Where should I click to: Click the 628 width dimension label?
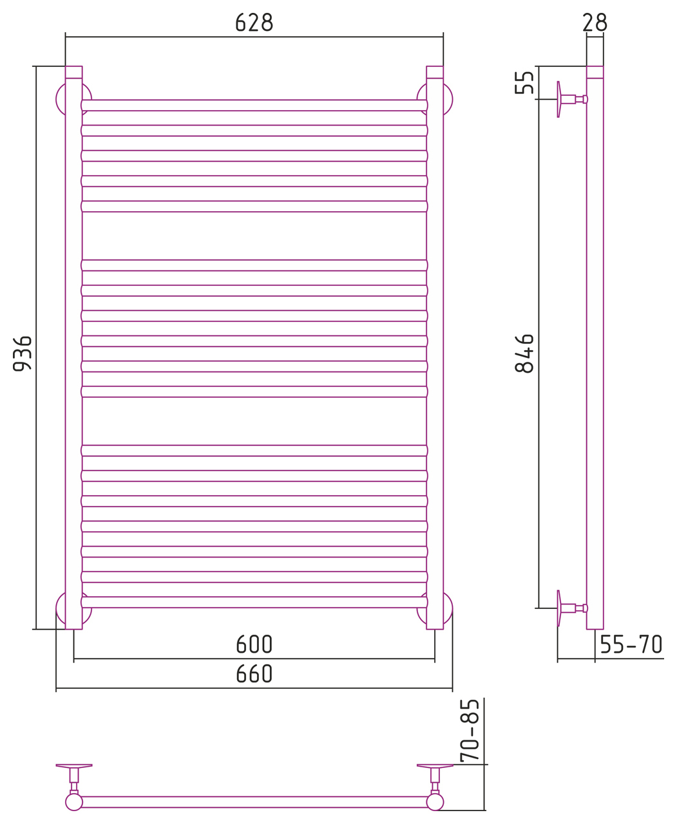[x=254, y=23]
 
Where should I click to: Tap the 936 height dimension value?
[x=23, y=353]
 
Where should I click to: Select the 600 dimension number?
[x=254, y=644]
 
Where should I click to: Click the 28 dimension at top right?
[x=595, y=23]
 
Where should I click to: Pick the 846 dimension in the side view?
[x=524, y=353]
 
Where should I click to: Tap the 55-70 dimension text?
[x=631, y=644]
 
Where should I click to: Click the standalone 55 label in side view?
[x=524, y=82]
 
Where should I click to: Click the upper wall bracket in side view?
[x=572, y=99]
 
